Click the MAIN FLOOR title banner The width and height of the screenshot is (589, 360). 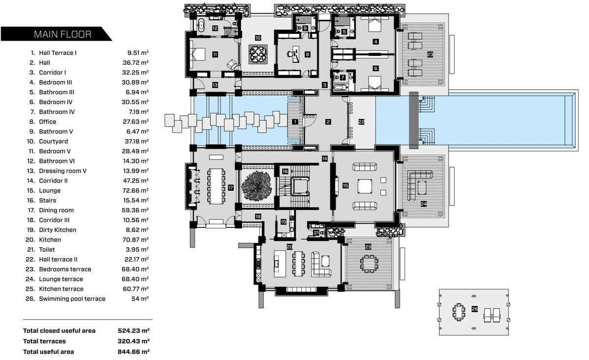[x=56, y=34]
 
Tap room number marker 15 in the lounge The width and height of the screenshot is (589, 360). [x=345, y=185]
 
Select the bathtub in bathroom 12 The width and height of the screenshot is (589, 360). [x=201, y=26]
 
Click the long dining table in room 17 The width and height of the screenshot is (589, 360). [x=216, y=186]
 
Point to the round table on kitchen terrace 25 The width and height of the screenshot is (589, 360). [x=369, y=263]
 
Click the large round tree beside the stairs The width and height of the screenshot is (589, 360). [x=256, y=186]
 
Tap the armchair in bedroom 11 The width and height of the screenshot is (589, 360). [x=232, y=64]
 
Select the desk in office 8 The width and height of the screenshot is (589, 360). [x=296, y=54]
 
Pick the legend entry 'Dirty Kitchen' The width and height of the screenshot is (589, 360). [x=57, y=230]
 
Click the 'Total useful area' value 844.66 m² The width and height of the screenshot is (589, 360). [x=134, y=352]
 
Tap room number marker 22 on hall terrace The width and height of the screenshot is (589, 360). [x=361, y=122]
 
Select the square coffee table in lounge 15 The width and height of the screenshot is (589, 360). [x=365, y=186]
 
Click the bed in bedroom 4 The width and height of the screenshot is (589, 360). [x=375, y=24]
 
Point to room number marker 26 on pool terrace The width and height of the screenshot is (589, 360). [x=474, y=309]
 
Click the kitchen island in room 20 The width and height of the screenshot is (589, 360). [x=280, y=263]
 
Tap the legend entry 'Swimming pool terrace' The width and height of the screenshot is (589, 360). [x=72, y=299]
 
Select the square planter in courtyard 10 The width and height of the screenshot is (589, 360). [x=258, y=54]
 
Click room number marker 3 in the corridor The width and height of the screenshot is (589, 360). [x=325, y=85]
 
